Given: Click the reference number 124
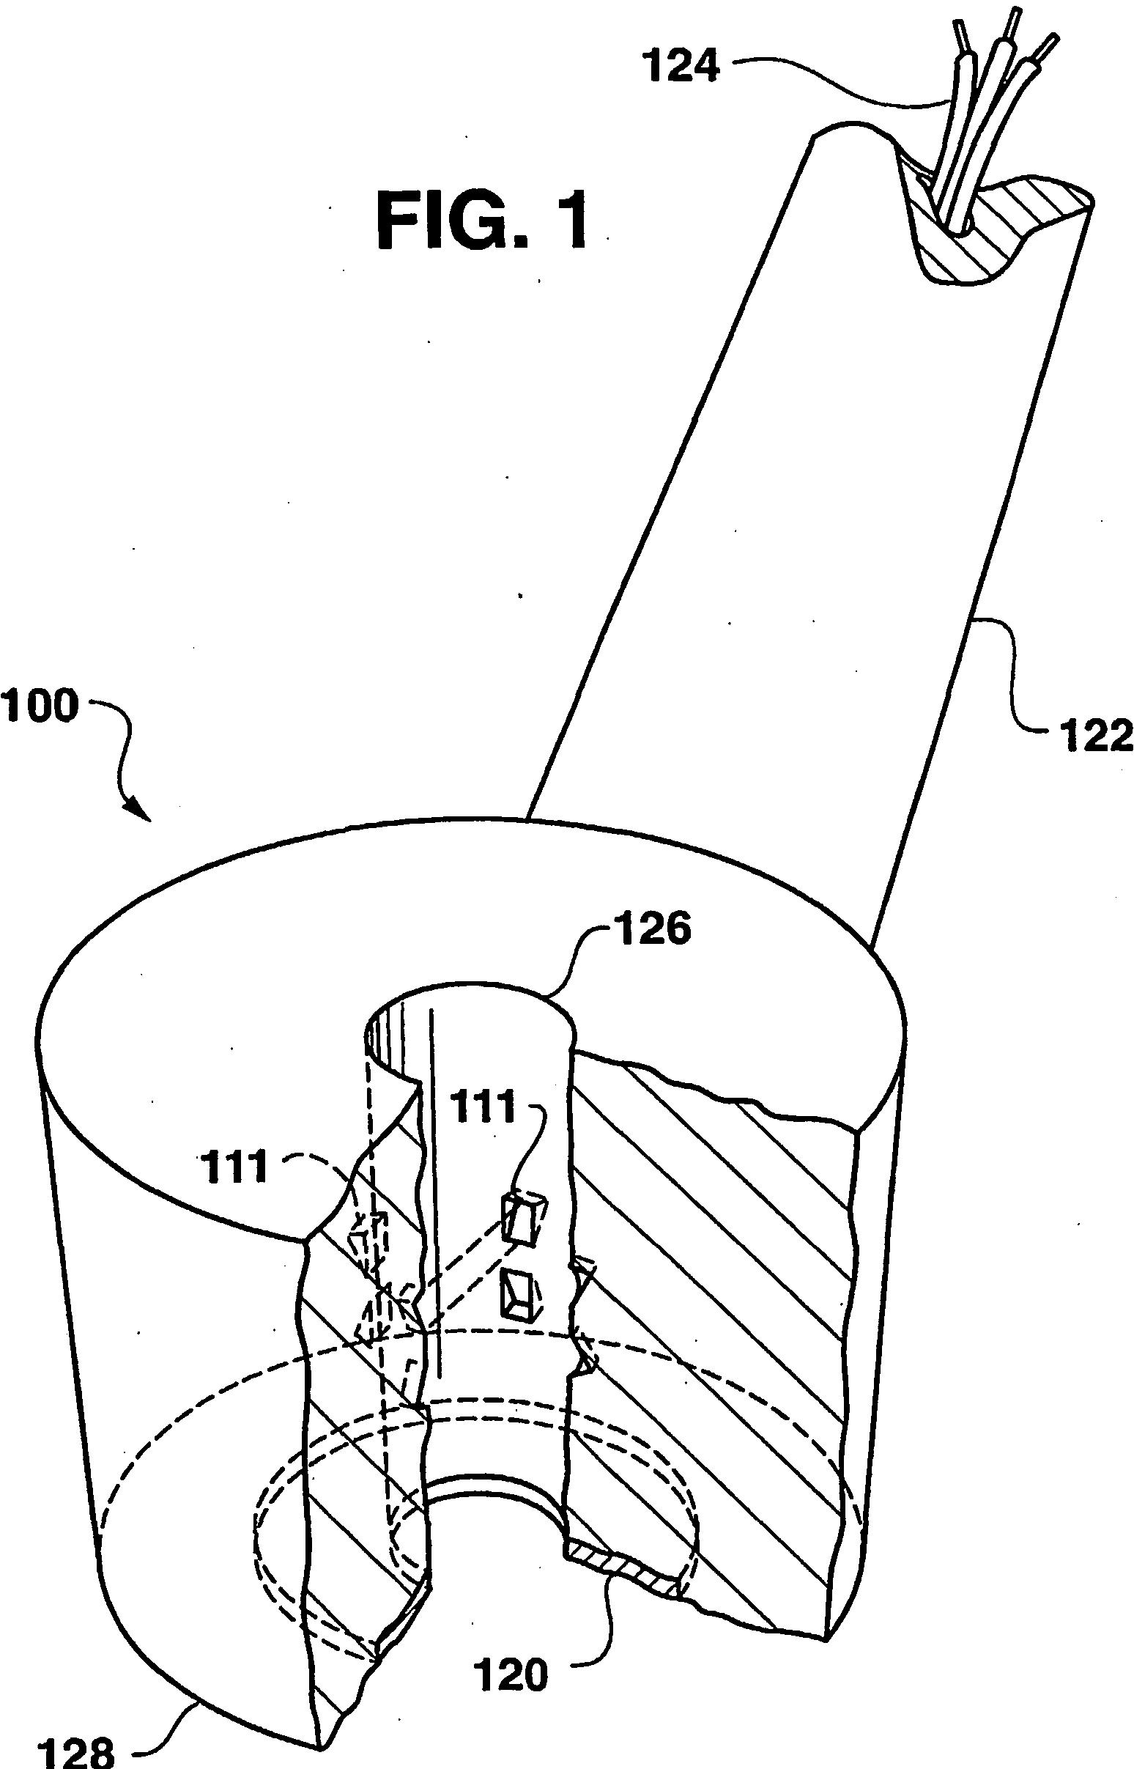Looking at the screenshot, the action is [x=682, y=67].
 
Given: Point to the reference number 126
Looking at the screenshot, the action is [x=648, y=931].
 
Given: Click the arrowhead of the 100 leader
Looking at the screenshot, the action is [x=142, y=814].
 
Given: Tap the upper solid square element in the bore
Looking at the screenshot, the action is [x=524, y=1219].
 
